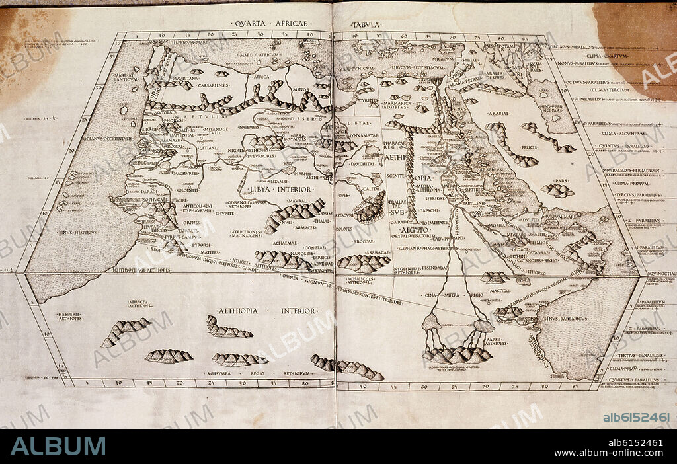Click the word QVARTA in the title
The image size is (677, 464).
click(247, 24)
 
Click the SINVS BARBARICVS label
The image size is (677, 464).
click(566, 319)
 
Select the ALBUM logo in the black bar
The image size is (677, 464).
click(58, 446)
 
